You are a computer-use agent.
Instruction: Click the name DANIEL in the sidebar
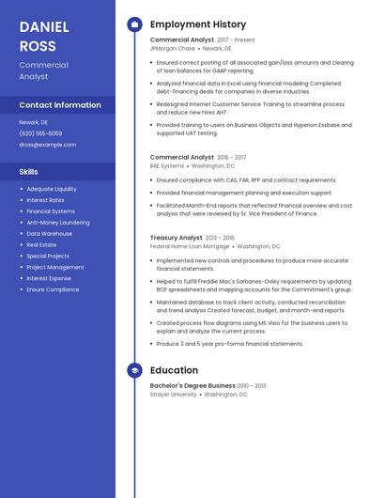[38, 26]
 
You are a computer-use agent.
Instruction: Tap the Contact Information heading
[60, 105]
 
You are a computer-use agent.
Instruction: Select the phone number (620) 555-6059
[41, 133]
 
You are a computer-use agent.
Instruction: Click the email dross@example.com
[47, 145]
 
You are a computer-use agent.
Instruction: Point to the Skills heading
[29, 172]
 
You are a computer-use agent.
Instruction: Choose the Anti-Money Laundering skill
[58, 223]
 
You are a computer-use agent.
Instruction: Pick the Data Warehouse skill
[50, 234]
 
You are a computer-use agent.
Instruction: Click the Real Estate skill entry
[41, 245]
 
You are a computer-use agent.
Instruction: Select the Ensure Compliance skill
[53, 290]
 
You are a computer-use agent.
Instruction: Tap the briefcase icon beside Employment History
[134, 24]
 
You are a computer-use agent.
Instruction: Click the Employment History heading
[198, 24]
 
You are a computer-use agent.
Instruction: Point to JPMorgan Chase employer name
[173, 48]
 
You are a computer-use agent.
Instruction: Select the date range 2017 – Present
[236, 40]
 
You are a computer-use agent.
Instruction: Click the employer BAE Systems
[167, 165]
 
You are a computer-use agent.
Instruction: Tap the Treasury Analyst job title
[177, 239]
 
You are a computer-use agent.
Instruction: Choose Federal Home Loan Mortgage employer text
[190, 246]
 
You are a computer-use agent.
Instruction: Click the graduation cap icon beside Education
[134, 371]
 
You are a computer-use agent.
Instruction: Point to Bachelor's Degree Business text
[192, 386]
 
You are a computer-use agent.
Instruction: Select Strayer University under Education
[174, 395]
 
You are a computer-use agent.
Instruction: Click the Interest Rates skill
[46, 200]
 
